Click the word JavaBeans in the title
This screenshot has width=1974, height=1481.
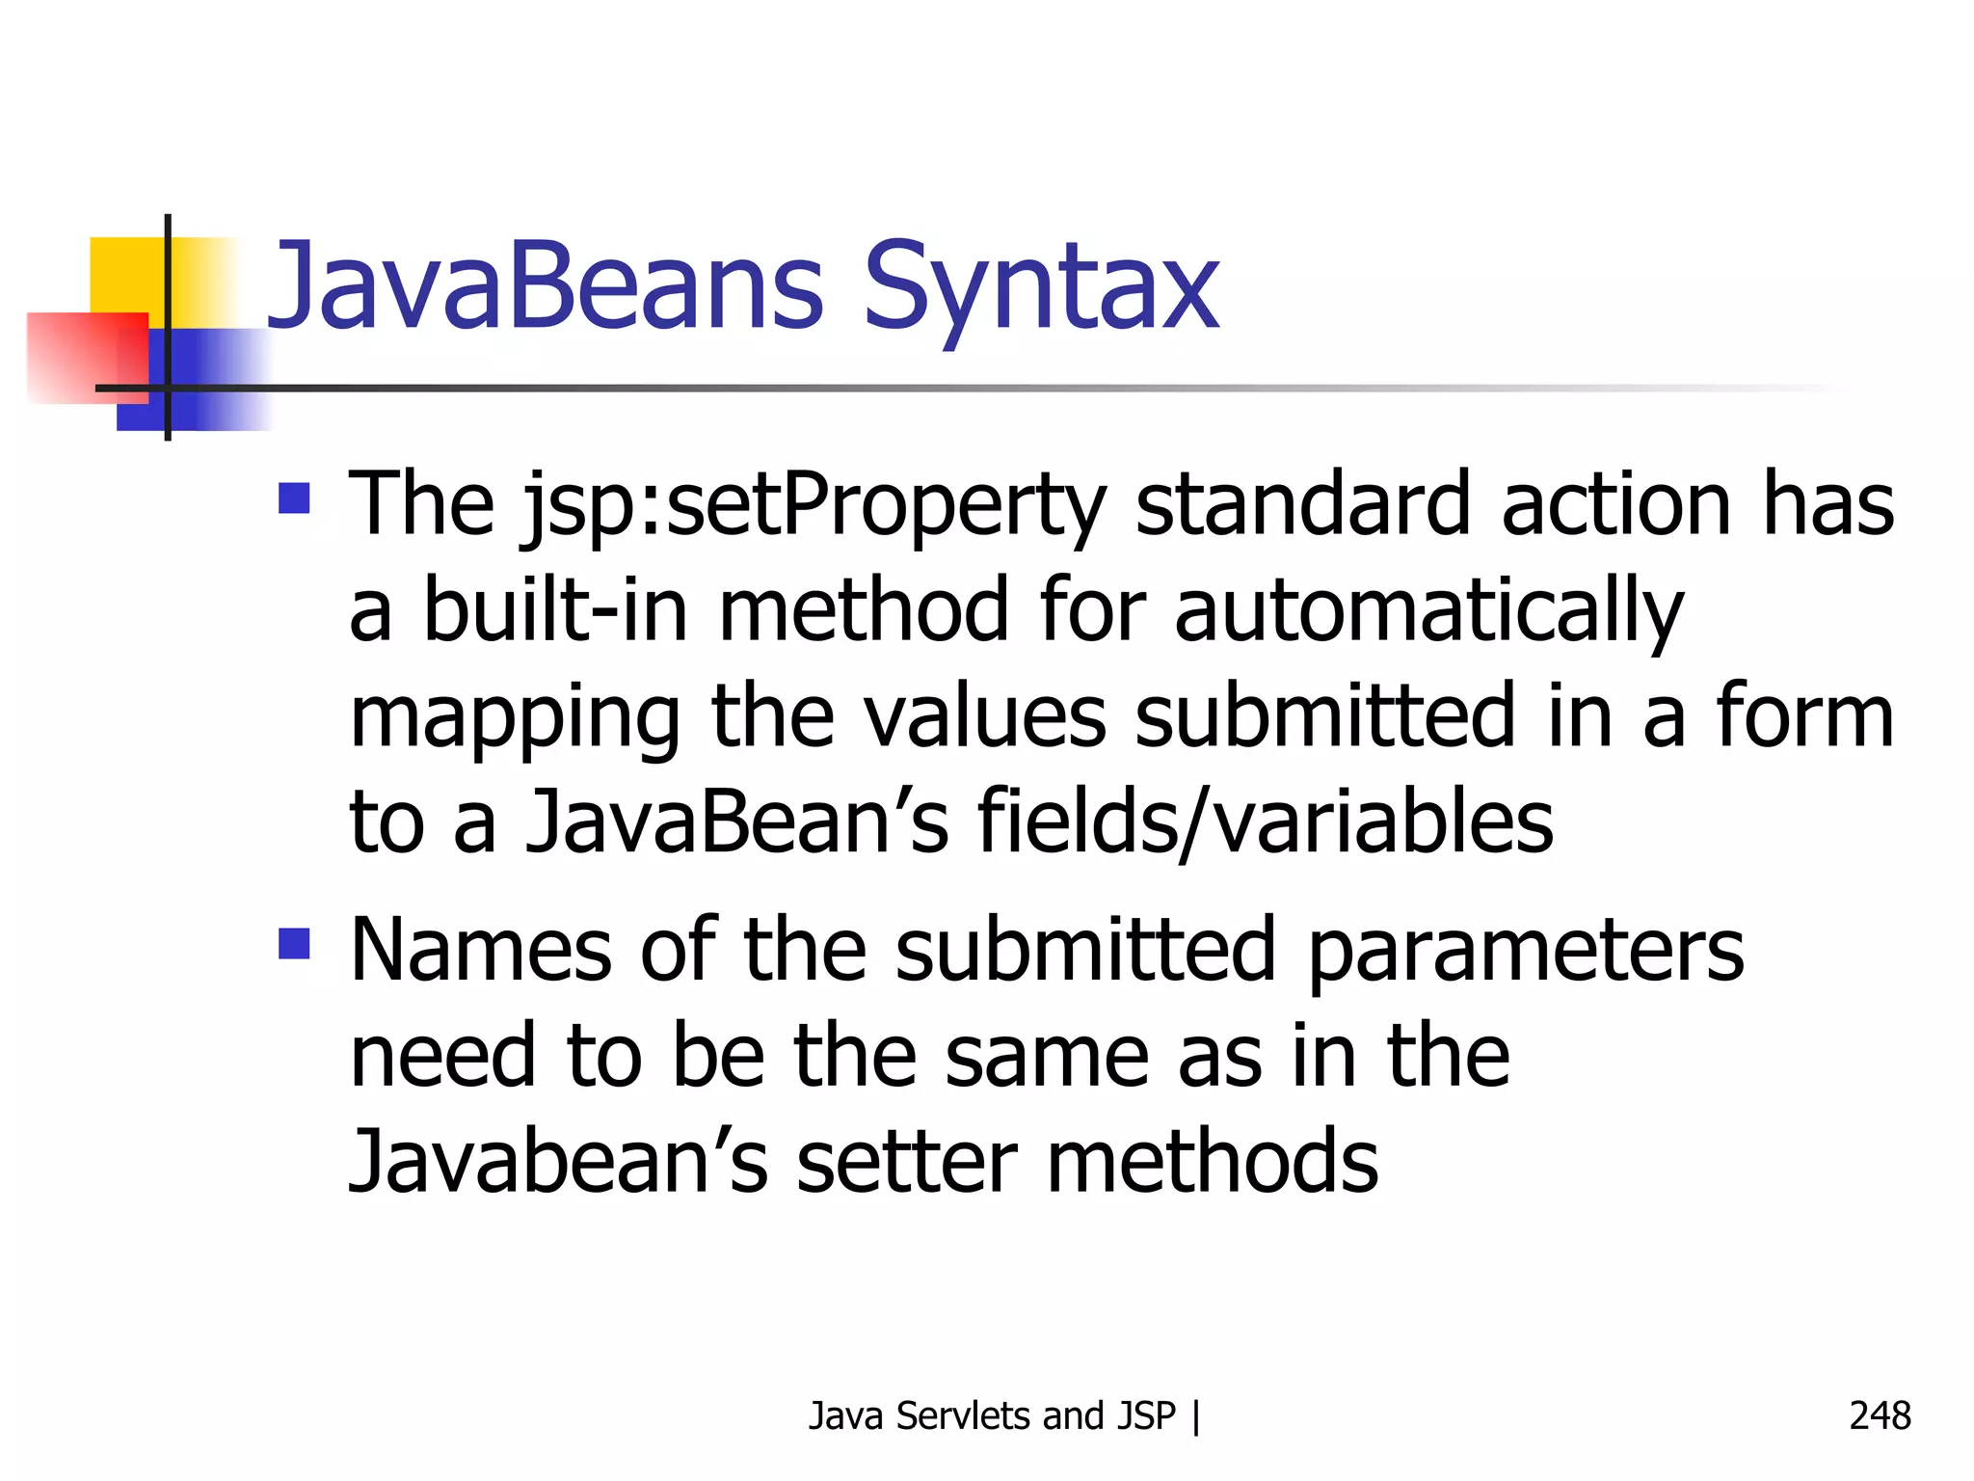click(x=546, y=286)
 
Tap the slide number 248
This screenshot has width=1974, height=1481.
click(x=1880, y=1415)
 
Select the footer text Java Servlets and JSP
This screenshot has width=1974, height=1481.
click(x=992, y=1415)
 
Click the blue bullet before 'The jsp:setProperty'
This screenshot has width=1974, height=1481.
click(x=294, y=498)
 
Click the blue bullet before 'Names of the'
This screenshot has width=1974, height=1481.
click(x=294, y=944)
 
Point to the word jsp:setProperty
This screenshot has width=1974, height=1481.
click(x=814, y=505)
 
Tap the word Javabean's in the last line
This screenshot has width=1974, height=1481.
click(x=558, y=1160)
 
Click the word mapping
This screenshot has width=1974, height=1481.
click(x=516, y=718)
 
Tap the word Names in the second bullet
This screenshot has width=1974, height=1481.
click(x=481, y=950)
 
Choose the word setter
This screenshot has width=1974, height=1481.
click(x=907, y=1160)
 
